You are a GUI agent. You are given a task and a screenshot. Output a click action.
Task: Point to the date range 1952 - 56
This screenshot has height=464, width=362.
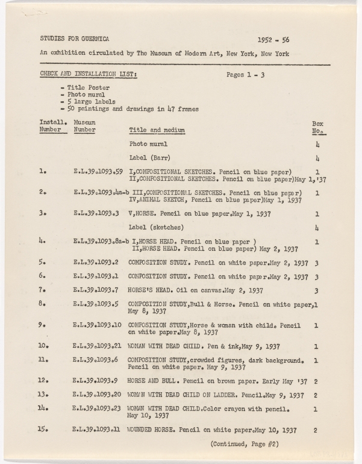pos(273,40)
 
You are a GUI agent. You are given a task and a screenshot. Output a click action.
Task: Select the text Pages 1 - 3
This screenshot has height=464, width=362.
pos(249,75)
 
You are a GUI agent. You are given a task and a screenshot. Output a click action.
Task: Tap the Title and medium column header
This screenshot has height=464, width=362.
pos(157,130)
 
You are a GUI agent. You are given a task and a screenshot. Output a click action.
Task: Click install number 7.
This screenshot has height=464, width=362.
pos(42,290)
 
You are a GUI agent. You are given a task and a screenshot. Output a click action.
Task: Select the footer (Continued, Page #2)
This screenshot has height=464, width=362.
pos(245,444)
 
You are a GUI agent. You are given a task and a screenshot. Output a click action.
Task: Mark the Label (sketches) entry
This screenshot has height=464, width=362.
pos(156,227)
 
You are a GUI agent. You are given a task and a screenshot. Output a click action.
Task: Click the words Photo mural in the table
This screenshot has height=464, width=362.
pos(148,145)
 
